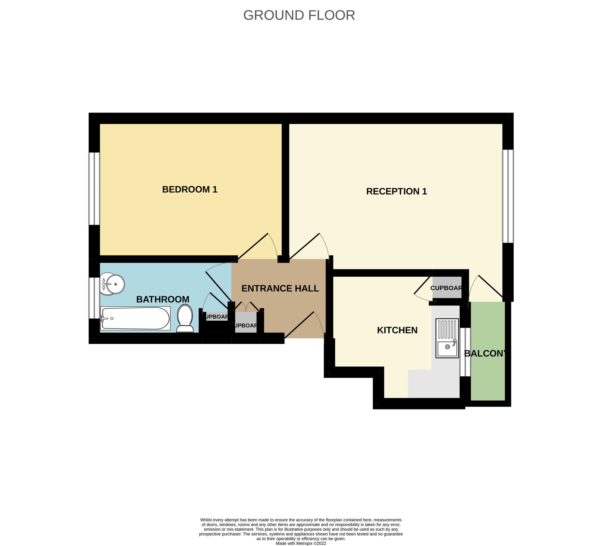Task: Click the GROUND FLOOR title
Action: click(x=299, y=15)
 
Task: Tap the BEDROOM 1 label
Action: click(x=190, y=190)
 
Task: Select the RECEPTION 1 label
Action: click(x=396, y=191)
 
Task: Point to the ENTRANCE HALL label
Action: click(x=280, y=288)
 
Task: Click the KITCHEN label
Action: click(x=397, y=330)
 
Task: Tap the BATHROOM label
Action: click(x=163, y=299)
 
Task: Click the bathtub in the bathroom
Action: click(x=135, y=318)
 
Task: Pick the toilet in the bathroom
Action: click(x=185, y=318)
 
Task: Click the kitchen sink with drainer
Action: click(x=447, y=338)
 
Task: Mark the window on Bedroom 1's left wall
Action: click(x=94, y=188)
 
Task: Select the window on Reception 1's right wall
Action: click(x=508, y=196)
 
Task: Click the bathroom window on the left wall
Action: click(x=94, y=298)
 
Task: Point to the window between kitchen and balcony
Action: click(x=465, y=352)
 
